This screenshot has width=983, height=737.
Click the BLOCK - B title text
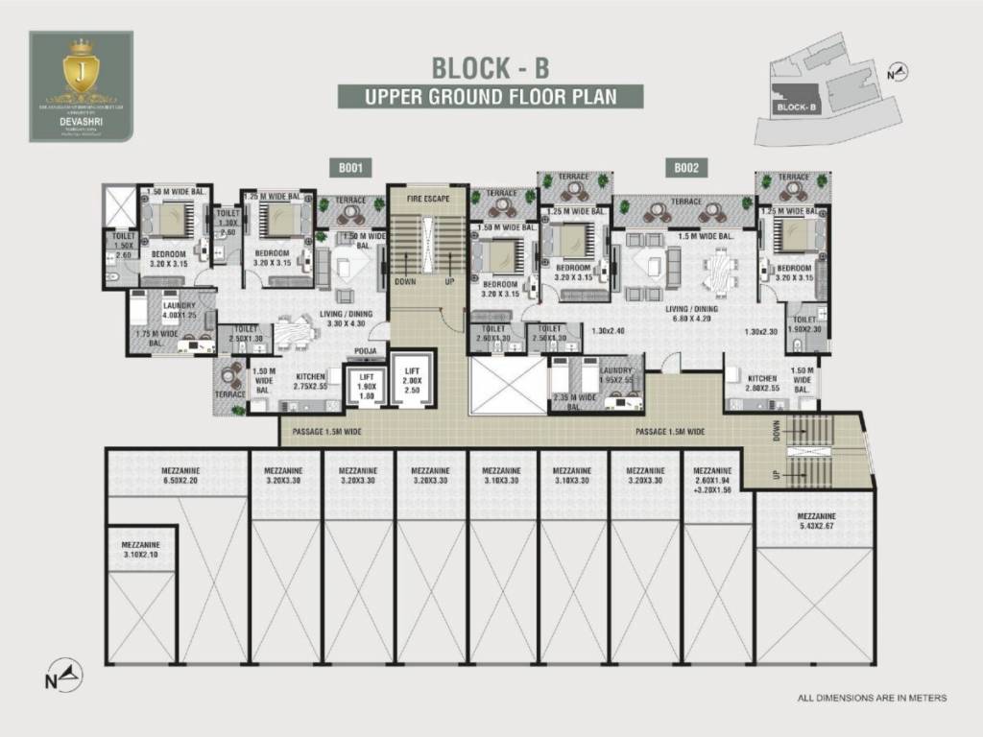(x=491, y=68)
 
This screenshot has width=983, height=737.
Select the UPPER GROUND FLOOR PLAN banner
(x=491, y=97)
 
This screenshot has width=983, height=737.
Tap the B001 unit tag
(x=349, y=168)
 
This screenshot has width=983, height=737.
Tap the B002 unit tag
(x=684, y=168)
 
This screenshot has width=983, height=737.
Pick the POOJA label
(x=364, y=351)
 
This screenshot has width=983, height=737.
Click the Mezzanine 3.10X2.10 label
(x=141, y=549)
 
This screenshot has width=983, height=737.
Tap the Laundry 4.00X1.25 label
(x=180, y=310)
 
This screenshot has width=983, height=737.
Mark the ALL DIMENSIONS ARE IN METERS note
(x=872, y=698)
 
